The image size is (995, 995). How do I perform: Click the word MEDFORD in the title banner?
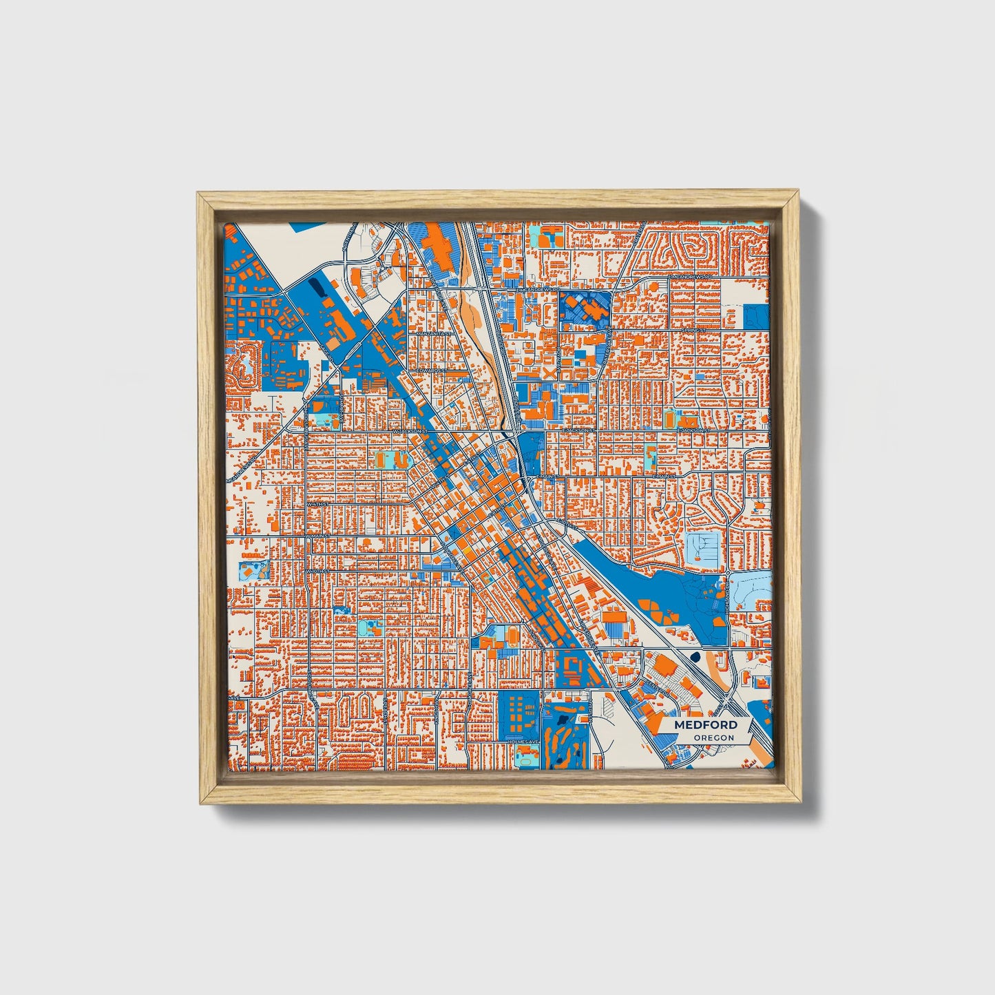coord(706,725)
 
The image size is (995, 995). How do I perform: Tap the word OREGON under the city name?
coord(713,738)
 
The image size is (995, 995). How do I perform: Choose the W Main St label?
coord(319,536)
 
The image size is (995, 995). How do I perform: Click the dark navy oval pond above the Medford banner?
coord(694,657)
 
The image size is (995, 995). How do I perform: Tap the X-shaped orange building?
coord(548,373)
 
